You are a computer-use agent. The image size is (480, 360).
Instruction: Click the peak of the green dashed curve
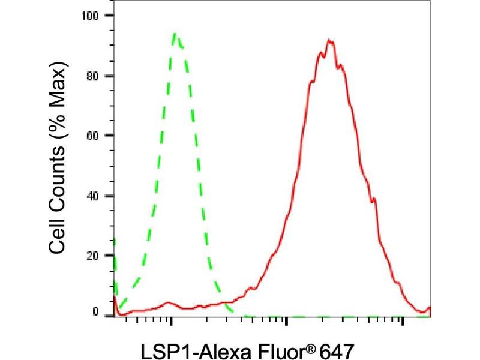pyautogui.click(x=175, y=34)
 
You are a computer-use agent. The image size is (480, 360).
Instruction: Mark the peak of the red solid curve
pyautogui.click(x=329, y=40)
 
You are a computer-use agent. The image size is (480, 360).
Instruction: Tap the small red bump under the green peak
pyautogui.click(x=169, y=302)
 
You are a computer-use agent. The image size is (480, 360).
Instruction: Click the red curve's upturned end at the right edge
pyautogui.click(x=428, y=308)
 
